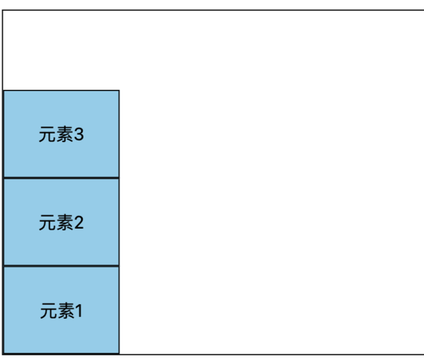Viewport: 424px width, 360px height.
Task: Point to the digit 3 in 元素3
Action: [x=79, y=135]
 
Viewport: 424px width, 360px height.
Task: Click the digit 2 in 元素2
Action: [x=79, y=222]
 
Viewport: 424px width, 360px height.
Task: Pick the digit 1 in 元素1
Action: [x=78, y=311]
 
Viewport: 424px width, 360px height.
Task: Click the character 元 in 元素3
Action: [x=47, y=135]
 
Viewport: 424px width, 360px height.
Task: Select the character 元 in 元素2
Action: [x=47, y=223]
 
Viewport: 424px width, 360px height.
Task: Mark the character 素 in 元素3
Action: [x=64, y=135]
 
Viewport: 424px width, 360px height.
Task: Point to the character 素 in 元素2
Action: [x=64, y=223]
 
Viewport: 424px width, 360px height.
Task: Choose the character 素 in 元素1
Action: [x=65, y=311]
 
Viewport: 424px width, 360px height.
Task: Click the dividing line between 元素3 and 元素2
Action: [x=61, y=178]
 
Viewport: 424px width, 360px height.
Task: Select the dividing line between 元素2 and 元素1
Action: [x=61, y=265]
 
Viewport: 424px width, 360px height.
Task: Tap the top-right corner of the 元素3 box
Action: [x=119, y=91]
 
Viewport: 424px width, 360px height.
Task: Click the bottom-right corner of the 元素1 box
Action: [x=119, y=353]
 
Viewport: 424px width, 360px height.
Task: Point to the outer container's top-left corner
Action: [x=3, y=10]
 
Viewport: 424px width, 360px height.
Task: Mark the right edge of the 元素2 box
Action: [x=119, y=222]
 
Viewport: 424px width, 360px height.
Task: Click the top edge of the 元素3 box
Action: [x=61, y=91]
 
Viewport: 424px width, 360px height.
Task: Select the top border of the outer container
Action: [x=212, y=10]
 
